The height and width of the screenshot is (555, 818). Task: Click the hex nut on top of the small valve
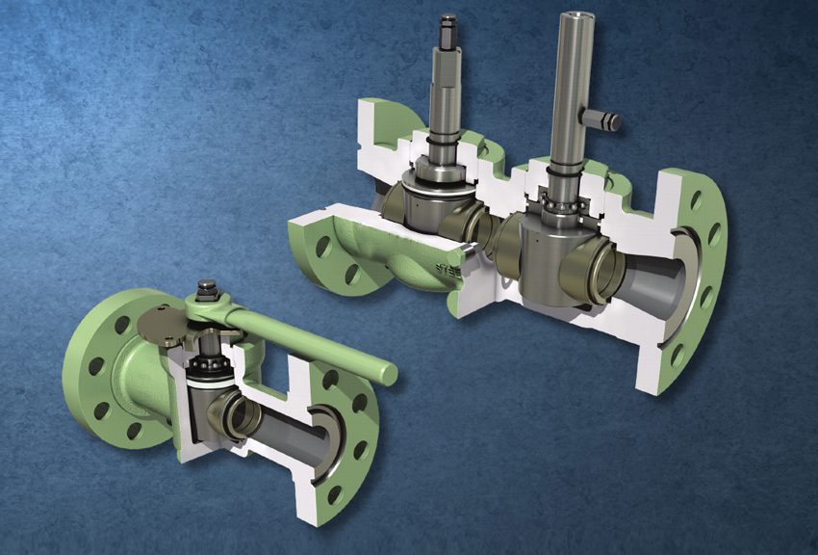tap(205, 288)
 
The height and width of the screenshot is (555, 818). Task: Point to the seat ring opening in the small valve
tap(240, 413)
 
